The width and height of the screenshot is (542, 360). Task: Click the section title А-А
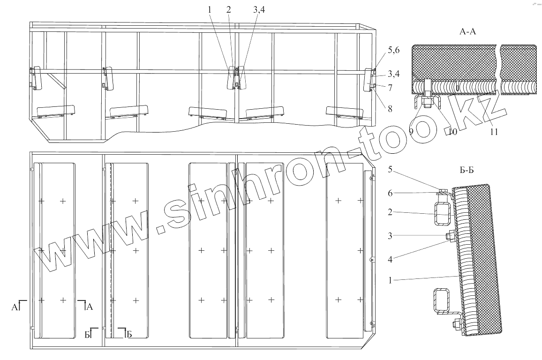tap(467, 32)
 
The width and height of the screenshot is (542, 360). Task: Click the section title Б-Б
tap(467, 170)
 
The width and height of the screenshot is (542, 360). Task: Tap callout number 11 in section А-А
tap(494, 132)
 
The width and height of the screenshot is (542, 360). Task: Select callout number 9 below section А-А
tap(411, 131)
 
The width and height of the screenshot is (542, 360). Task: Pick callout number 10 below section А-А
tap(452, 132)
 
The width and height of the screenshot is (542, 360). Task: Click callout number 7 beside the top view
tap(390, 88)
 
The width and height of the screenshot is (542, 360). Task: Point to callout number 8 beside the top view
tap(390, 109)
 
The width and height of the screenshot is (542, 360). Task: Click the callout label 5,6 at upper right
tap(393, 50)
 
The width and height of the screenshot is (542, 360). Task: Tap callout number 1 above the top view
tap(210, 10)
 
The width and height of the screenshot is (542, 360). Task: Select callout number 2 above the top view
tap(228, 10)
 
